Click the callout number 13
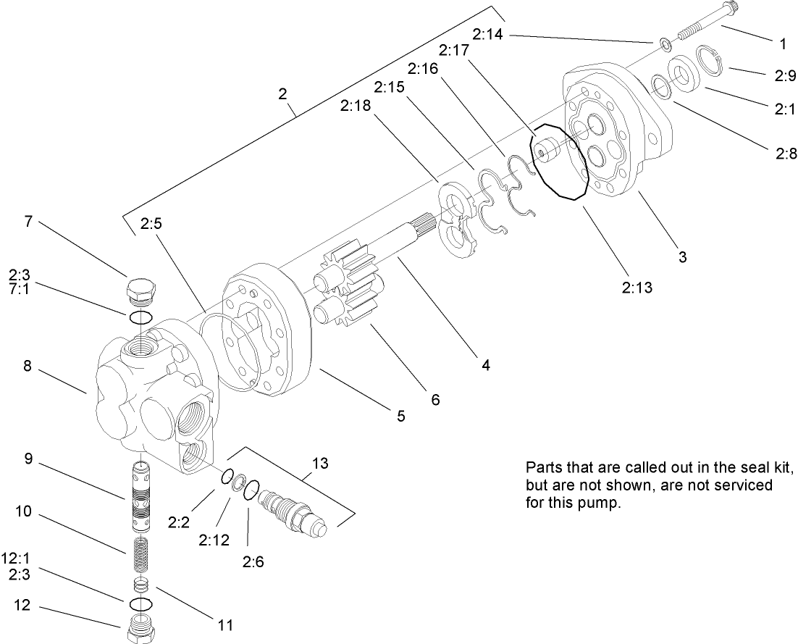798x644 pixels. [x=320, y=463]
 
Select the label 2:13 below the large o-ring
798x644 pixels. [x=637, y=288]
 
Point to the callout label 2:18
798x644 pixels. [x=355, y=106]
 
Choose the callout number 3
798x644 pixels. [x=682, y=256]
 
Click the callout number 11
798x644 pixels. [x=224, y=624]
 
